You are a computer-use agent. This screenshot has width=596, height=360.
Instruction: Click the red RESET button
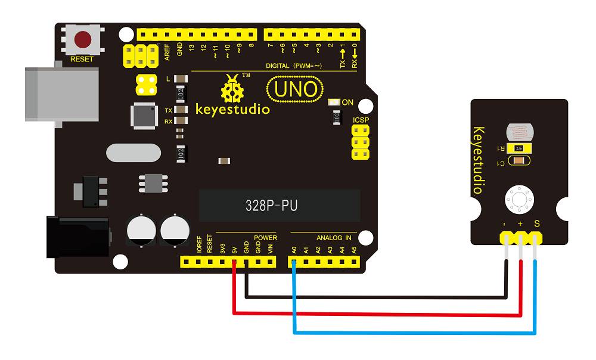coord(82,40)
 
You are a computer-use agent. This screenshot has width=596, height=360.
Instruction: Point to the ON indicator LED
coord(334,103)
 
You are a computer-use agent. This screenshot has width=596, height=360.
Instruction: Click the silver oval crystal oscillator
coord(134,153)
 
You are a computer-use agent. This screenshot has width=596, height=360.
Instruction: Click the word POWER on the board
coord(265,238)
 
